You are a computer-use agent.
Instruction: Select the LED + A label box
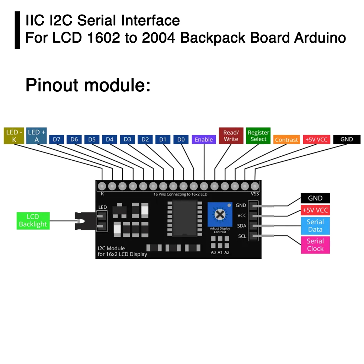pos(37,136)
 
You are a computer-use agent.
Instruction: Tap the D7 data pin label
pos(57,139)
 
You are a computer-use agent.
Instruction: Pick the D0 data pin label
pos(181,139)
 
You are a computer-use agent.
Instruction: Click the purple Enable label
pos(204,140)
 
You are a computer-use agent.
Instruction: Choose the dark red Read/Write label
pos(231,136)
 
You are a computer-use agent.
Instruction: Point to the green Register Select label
pos(258,136)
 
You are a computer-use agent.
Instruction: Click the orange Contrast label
pos(286,140)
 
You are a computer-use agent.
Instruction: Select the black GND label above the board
pos(347,139)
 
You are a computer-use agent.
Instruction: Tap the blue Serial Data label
pos(315,226)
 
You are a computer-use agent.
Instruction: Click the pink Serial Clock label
pos(315,245)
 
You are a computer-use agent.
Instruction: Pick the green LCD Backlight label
pos(33,220)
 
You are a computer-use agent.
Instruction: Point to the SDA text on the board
pos(242,226)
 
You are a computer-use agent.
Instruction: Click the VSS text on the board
pos(255,194)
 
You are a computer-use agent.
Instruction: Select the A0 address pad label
pos(213,252)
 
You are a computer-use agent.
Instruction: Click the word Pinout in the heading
pos(51,86)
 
